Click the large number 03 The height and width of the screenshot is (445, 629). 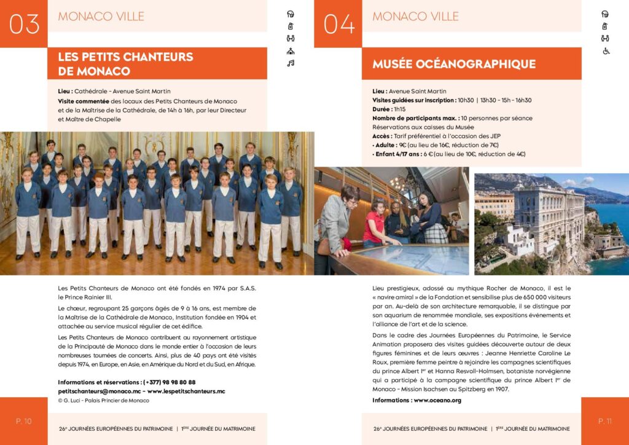pos(25,23)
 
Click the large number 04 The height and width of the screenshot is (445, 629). pos(338,23)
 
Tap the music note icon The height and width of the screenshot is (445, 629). pos(291,63)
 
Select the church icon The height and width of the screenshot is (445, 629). pos(291,50)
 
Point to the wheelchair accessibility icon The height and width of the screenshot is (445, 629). pos(605,50)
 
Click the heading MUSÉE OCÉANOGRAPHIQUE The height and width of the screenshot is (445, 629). pos(454,64)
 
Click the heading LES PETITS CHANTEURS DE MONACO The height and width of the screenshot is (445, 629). pos(125,64)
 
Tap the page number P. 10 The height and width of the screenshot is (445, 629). pos(24,421)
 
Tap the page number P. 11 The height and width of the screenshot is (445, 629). pos(605,421)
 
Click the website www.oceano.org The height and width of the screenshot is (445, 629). pos(437,400)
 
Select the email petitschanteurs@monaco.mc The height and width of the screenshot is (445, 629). pos(100,391)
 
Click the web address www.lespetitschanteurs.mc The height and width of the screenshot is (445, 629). pos(186,391)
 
